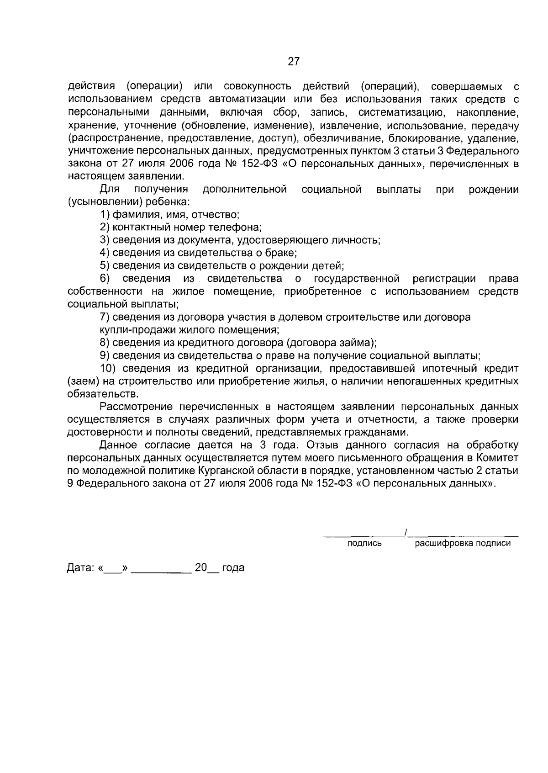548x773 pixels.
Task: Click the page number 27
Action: coord(294,61)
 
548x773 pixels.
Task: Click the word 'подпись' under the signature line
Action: coord(364,543)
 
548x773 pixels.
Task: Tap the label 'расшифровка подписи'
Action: coord(462,543)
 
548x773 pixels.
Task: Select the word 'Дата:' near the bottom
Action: coord(80,568)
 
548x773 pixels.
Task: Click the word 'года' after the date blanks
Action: coord(233,568)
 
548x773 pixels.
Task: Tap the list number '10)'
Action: coord(110,368)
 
